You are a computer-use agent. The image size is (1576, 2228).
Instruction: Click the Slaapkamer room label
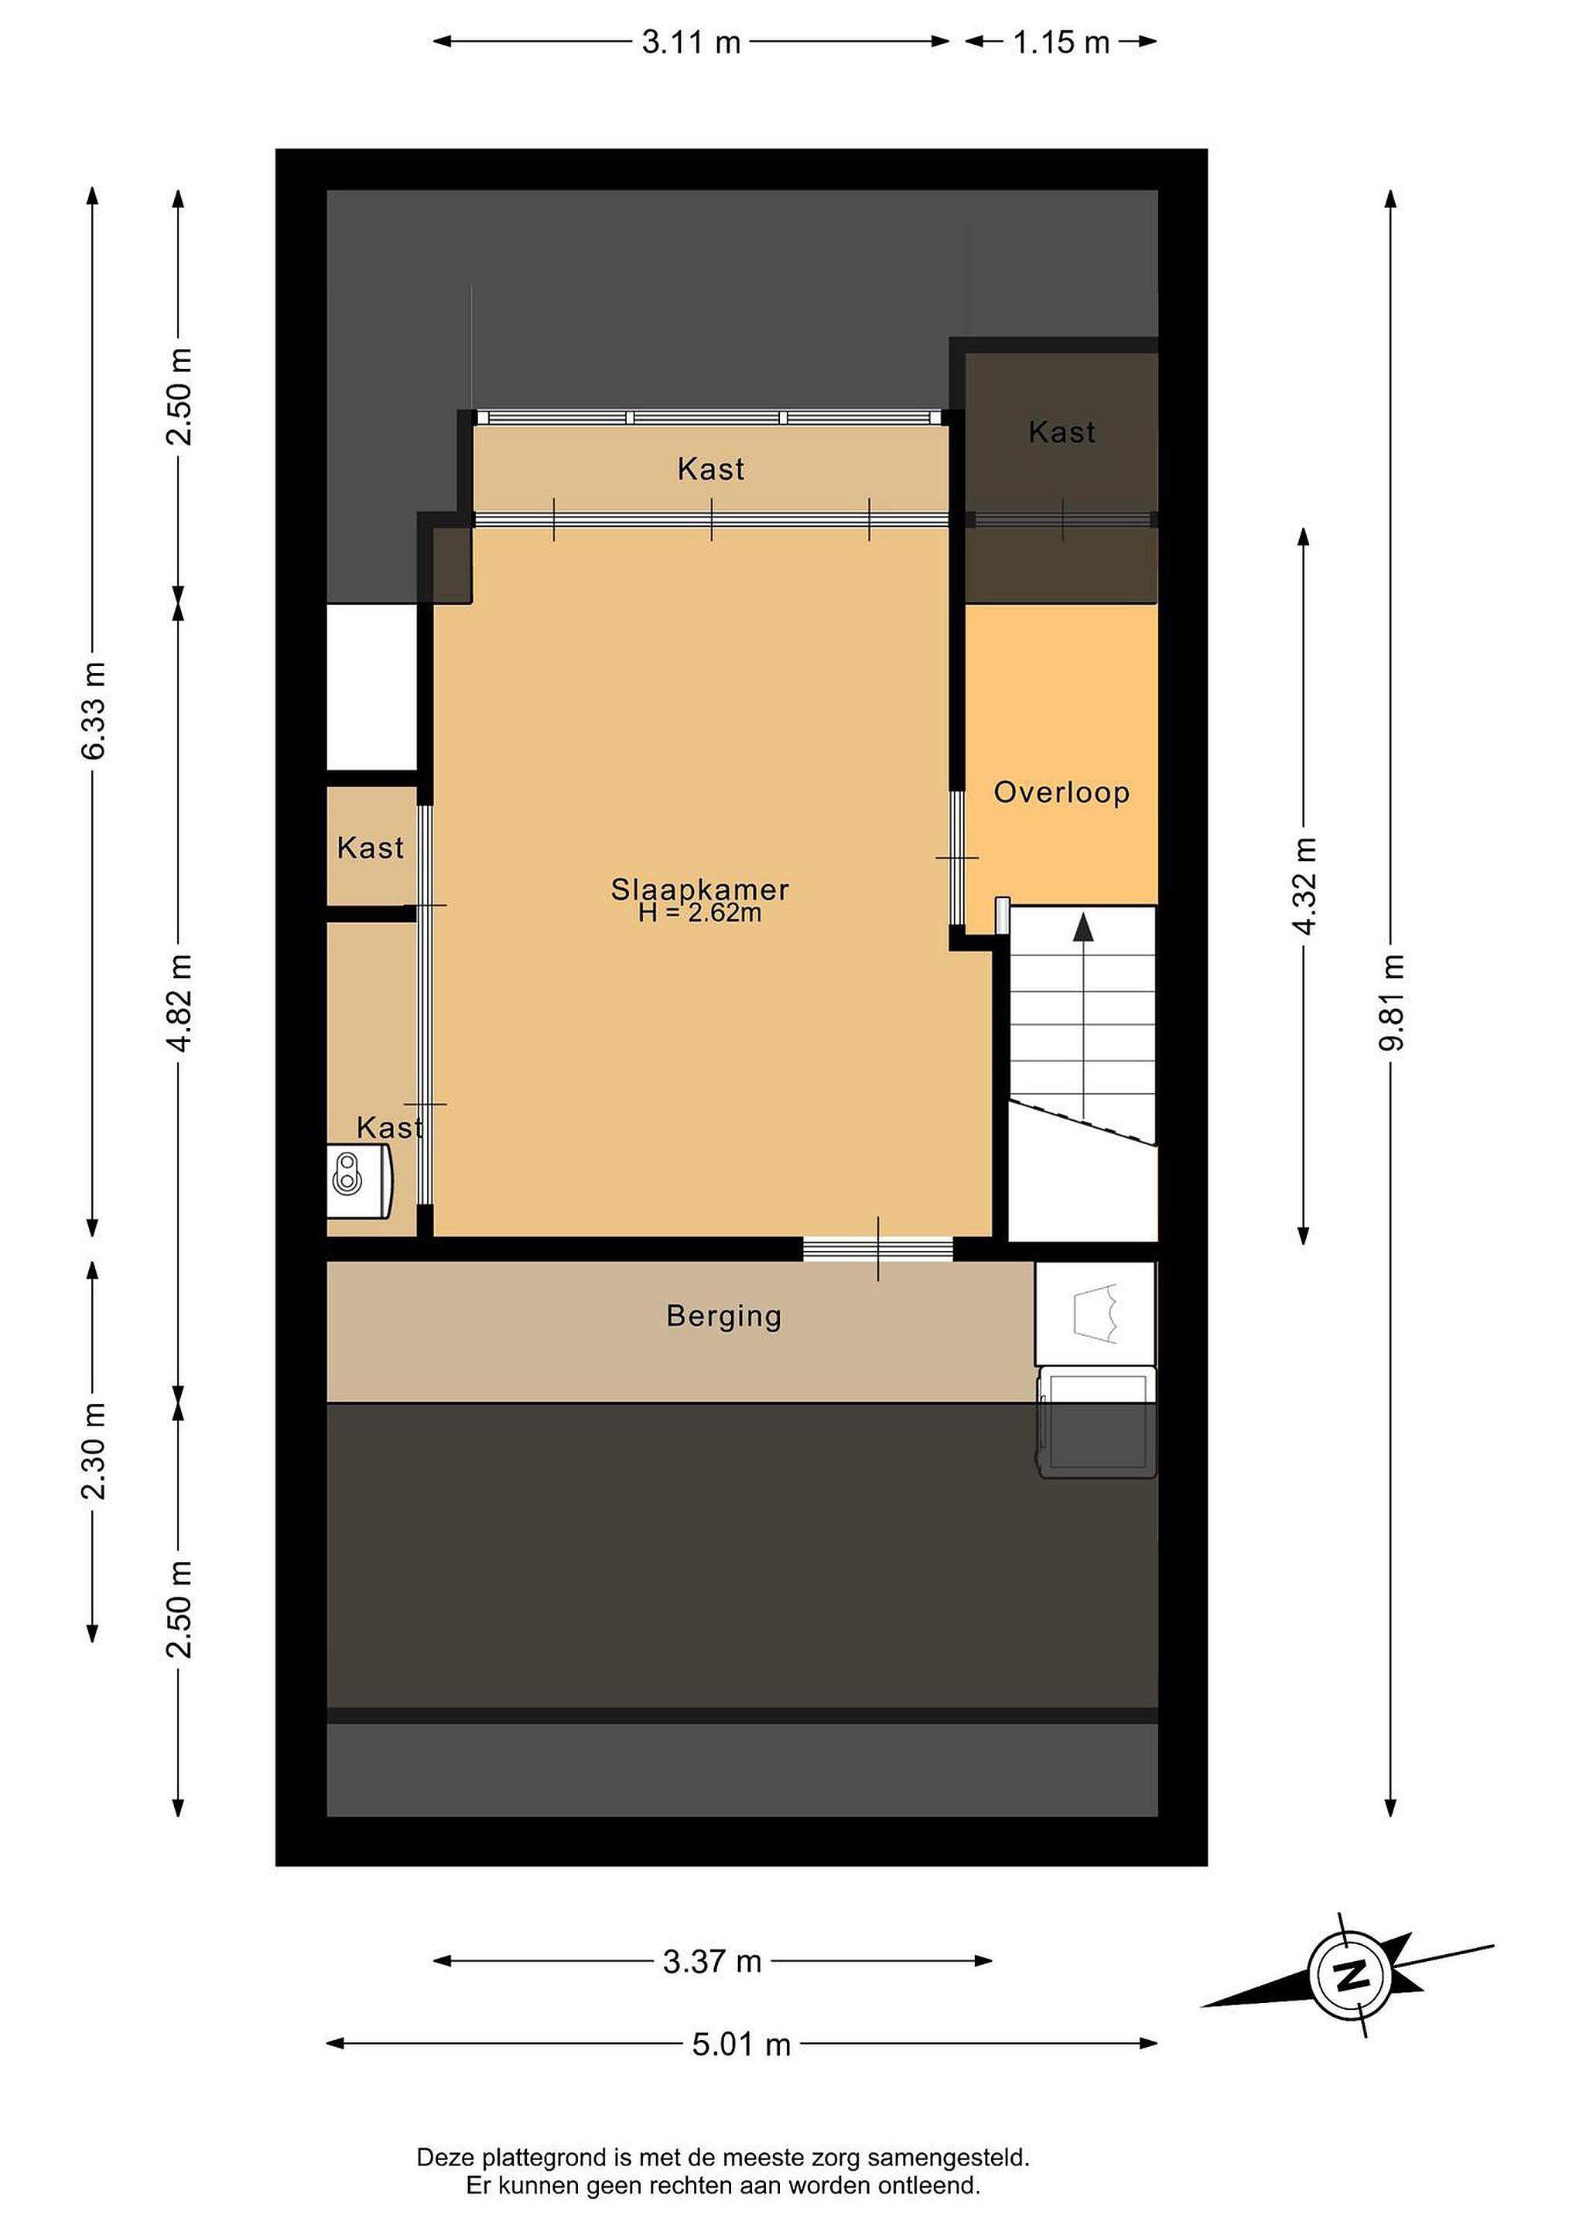point(699,889)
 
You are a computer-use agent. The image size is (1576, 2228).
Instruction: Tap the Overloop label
point(1061,793)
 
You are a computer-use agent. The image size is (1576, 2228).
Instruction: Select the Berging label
point(724,1316)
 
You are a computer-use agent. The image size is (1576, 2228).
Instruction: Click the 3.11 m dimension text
point(691,43)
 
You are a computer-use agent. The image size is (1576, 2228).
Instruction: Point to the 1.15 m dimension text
point(1061,43)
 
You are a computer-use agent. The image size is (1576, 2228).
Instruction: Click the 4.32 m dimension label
point(1304,886)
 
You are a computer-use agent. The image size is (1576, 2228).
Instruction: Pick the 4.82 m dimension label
point(179,1003)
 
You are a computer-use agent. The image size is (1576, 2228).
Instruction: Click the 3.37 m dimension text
point(713,1962)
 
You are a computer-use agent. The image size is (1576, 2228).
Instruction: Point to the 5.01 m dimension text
point(741,2045)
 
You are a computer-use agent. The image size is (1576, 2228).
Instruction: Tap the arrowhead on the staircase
point(1083,928)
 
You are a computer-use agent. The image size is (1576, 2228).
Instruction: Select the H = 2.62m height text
point(699,913)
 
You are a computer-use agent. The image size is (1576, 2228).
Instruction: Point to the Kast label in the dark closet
point(1062,432)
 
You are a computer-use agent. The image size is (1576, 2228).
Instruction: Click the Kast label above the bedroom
point(711,470)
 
